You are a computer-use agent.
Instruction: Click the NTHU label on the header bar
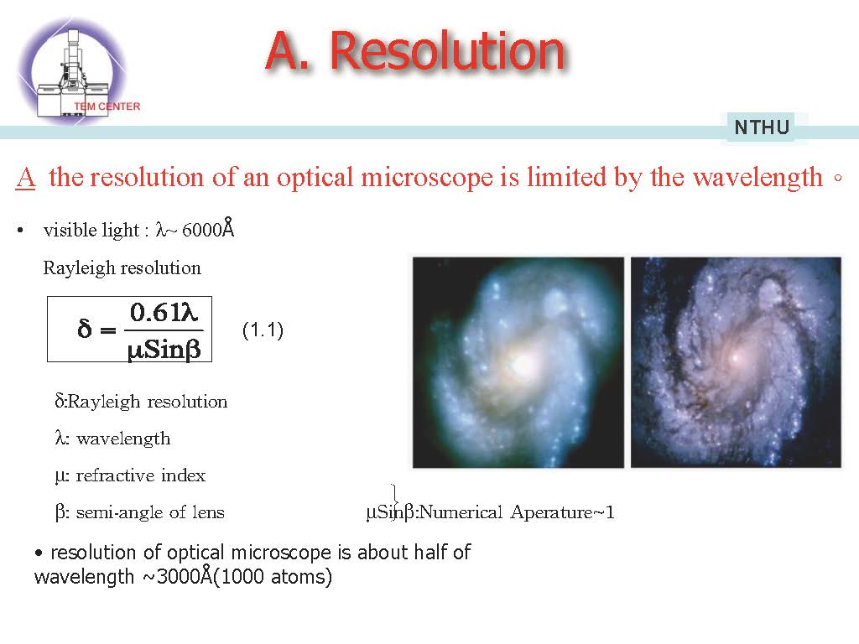click(762, 127)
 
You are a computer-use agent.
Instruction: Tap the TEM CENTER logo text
click(107, 106)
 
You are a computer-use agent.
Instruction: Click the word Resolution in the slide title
click(447, 51)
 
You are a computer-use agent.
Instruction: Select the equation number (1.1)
click(263, 330)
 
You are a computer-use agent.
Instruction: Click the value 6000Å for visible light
click(208, 228)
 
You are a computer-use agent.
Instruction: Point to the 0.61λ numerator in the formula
click(164, 312)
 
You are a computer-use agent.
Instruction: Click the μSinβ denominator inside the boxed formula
click(164, 349)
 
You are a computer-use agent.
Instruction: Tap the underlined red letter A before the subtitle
click(26, 178)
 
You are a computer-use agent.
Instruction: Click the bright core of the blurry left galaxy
click(522, 364)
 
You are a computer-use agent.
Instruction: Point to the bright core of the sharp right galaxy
click(736, 358)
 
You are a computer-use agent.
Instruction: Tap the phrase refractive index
click(141, 475)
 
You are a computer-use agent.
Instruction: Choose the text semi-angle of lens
click(150, 512)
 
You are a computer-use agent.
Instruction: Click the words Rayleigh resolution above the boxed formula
click(122, 267)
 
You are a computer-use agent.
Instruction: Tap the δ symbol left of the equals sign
click(85, 329)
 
